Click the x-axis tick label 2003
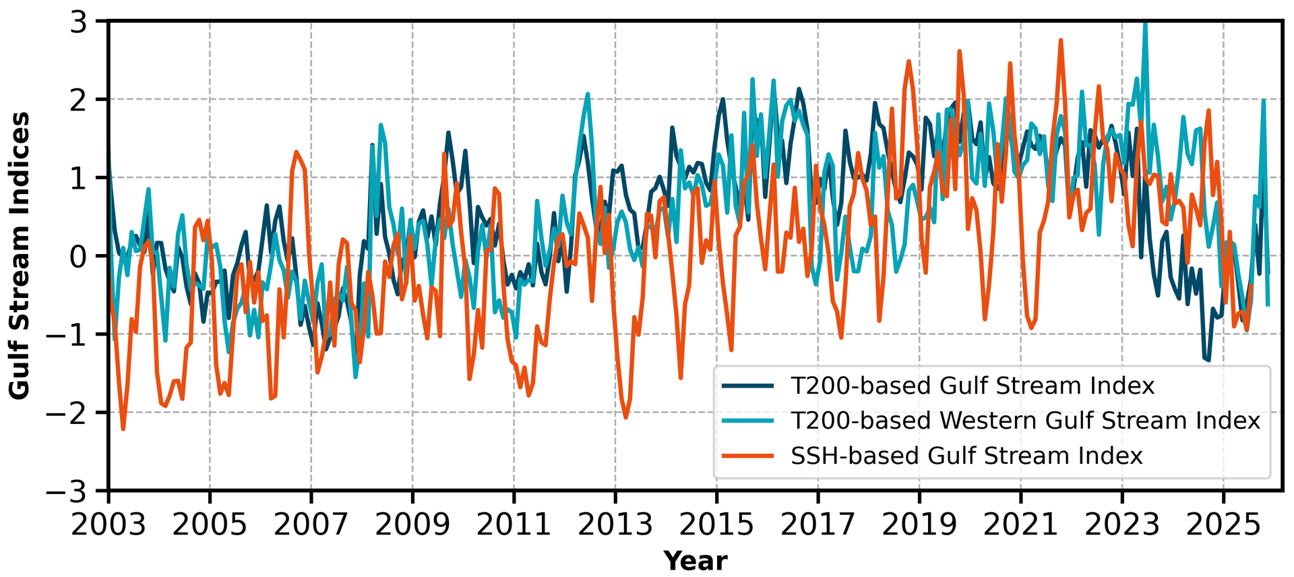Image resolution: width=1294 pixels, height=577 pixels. (x=109, y=524)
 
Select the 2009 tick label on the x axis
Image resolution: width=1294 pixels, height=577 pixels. (x=412, y=524)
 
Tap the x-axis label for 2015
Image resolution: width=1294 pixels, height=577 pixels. (x=716, y=524)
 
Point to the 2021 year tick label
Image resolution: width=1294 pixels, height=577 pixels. (x=1020, y=524)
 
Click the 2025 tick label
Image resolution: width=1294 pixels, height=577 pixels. (x=1223, y=524)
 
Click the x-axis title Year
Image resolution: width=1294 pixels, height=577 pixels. (x=695, y=561)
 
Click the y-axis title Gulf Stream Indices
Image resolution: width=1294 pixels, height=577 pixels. (x=20, y=256)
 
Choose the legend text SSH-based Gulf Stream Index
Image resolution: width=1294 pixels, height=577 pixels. (x=966, y=456)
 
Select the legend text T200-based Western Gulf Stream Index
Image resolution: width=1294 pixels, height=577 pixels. (x=1025, y=421)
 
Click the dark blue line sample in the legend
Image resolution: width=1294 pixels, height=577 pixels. (x=748, y=386)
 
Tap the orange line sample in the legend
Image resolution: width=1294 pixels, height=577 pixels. (x=748, y=456)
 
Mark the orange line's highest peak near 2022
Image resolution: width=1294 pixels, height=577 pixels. (x=1061, y=40)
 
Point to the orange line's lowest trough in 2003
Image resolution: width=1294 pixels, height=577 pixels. (x=123, y=429)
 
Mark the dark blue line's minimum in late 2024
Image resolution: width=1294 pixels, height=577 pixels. (x=1208, y=360)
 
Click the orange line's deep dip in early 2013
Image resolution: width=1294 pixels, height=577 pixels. (x=625, y=417)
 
